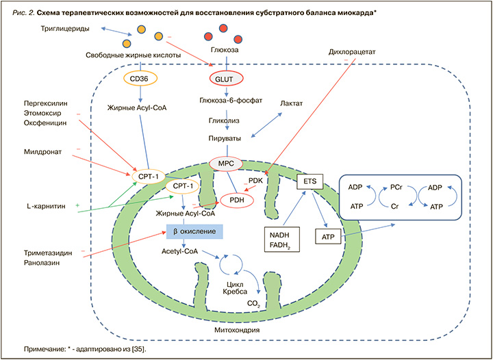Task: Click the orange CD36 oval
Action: pos(140,79)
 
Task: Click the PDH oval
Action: pos(236,200)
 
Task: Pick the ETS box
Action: pos(310,183)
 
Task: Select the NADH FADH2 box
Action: pos(282,239)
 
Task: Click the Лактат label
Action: pos(292,103)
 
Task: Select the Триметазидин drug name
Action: pos(45,253)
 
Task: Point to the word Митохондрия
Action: pos(233,330)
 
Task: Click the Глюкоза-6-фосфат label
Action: pos(226,99)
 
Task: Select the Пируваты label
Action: pos(226,138)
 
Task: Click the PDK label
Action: pos(256,181)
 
